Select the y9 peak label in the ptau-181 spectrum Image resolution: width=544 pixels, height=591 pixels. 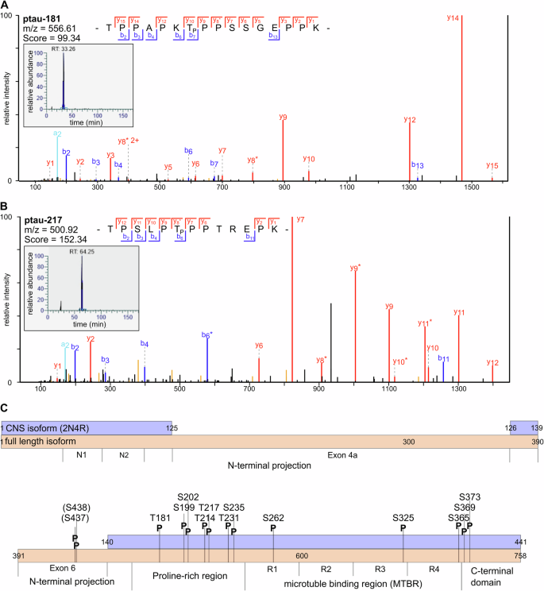pyautogui.click(x=284, y=118)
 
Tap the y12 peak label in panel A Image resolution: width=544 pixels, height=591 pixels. pyautogui.click(x=410, y=120)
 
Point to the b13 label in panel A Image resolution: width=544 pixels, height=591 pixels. pyautogui.click(x=418, y=164)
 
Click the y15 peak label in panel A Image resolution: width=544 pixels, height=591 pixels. pyautogui.click(x=492, y=165)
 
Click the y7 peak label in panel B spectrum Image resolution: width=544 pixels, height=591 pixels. pyautogui.click(x=299, y=219)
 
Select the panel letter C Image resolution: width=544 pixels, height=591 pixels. pyautogui.click(x=6, y=408)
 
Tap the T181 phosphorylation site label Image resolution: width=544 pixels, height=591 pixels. pyautogui.click(x=160, y=517)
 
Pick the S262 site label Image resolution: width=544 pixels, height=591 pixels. pyautogui.click(x=273, y=517)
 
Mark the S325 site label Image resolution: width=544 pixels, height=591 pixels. pyautogui.click(x=403, y=517)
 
